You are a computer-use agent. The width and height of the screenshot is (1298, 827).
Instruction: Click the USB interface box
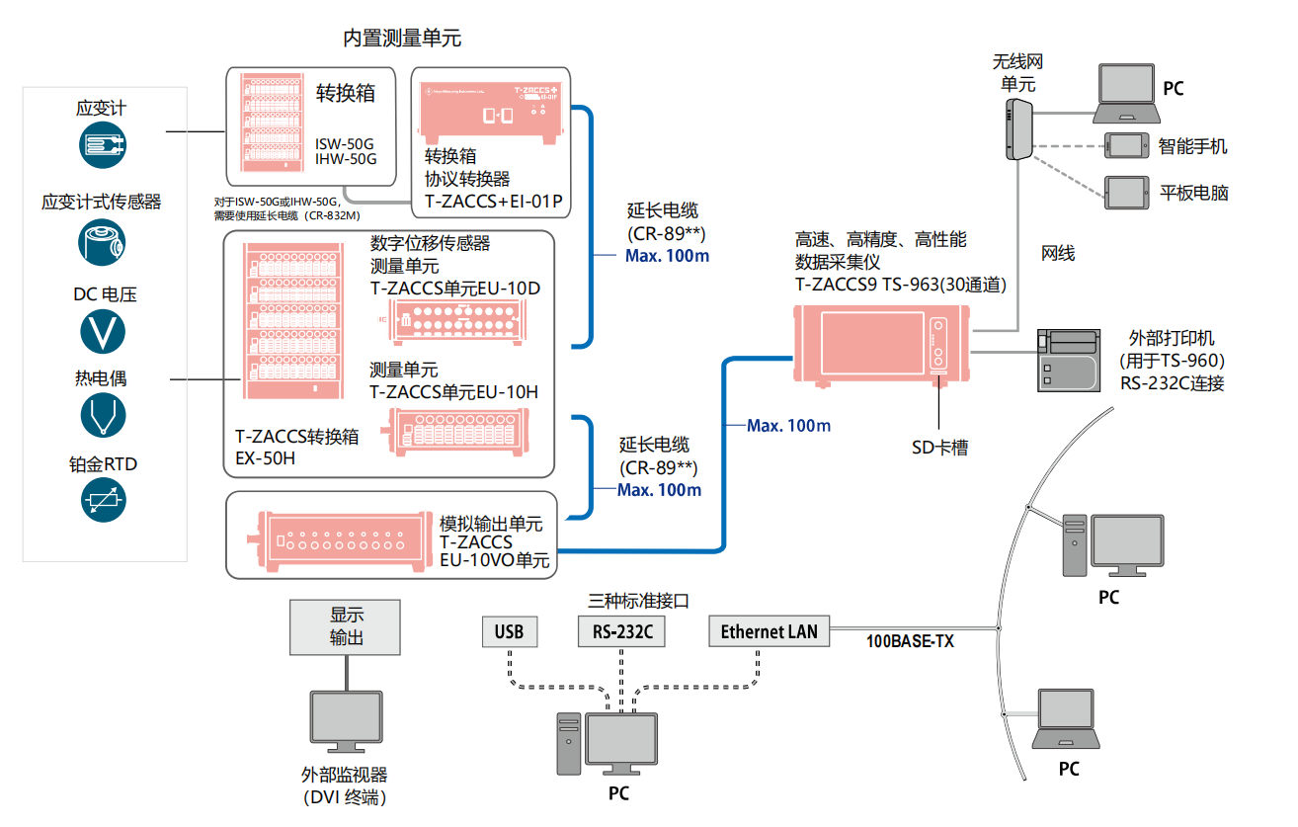510,632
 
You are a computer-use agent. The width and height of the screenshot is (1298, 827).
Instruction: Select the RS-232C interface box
621,632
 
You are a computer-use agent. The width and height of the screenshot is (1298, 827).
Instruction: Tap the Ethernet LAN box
769,632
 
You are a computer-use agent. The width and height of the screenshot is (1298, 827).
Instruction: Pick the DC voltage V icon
103,331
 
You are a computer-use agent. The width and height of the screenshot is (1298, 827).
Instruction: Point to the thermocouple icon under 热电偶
103,416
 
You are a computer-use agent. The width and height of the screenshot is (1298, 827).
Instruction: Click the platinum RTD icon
103,501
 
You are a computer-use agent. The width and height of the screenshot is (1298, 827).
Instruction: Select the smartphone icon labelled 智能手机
1126,145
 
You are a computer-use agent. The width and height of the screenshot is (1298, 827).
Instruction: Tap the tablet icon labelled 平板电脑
1126,190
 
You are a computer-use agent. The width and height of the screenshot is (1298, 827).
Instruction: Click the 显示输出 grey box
346,626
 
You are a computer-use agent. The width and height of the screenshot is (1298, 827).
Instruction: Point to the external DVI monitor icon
346,722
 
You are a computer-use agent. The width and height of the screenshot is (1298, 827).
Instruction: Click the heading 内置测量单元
402,39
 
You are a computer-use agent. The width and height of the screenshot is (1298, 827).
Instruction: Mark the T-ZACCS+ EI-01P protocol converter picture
491,117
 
